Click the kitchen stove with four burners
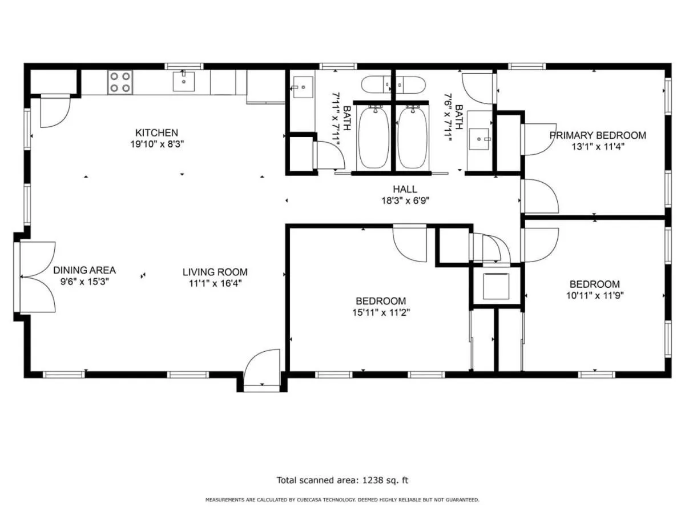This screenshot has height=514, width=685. [x=120, y=82]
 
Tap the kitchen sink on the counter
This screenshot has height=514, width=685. [x=183, y=82]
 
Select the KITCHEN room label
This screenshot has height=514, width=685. [x=156, y=132]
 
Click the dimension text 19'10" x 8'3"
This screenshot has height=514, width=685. [x=157, y=144]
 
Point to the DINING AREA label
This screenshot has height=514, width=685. [x=84, y=270]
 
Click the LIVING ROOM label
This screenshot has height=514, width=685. [x=215, y=272]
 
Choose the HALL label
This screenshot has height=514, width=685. [x=405, y=189]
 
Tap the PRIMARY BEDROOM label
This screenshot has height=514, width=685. [x=598, y=135]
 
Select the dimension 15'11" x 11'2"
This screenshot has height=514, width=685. [x=381, y=312]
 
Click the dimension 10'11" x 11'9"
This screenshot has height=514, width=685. [x=595, y=295]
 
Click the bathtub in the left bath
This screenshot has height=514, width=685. [x=374, y=138]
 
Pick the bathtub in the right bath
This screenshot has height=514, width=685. [x=413, y=138]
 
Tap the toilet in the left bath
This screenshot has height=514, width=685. [x=376, y=85]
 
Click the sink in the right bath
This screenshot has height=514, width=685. [x=479, y=139]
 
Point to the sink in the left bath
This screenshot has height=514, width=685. [x=303, y=87]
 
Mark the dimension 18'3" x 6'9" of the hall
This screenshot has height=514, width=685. [x=405, y=200]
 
